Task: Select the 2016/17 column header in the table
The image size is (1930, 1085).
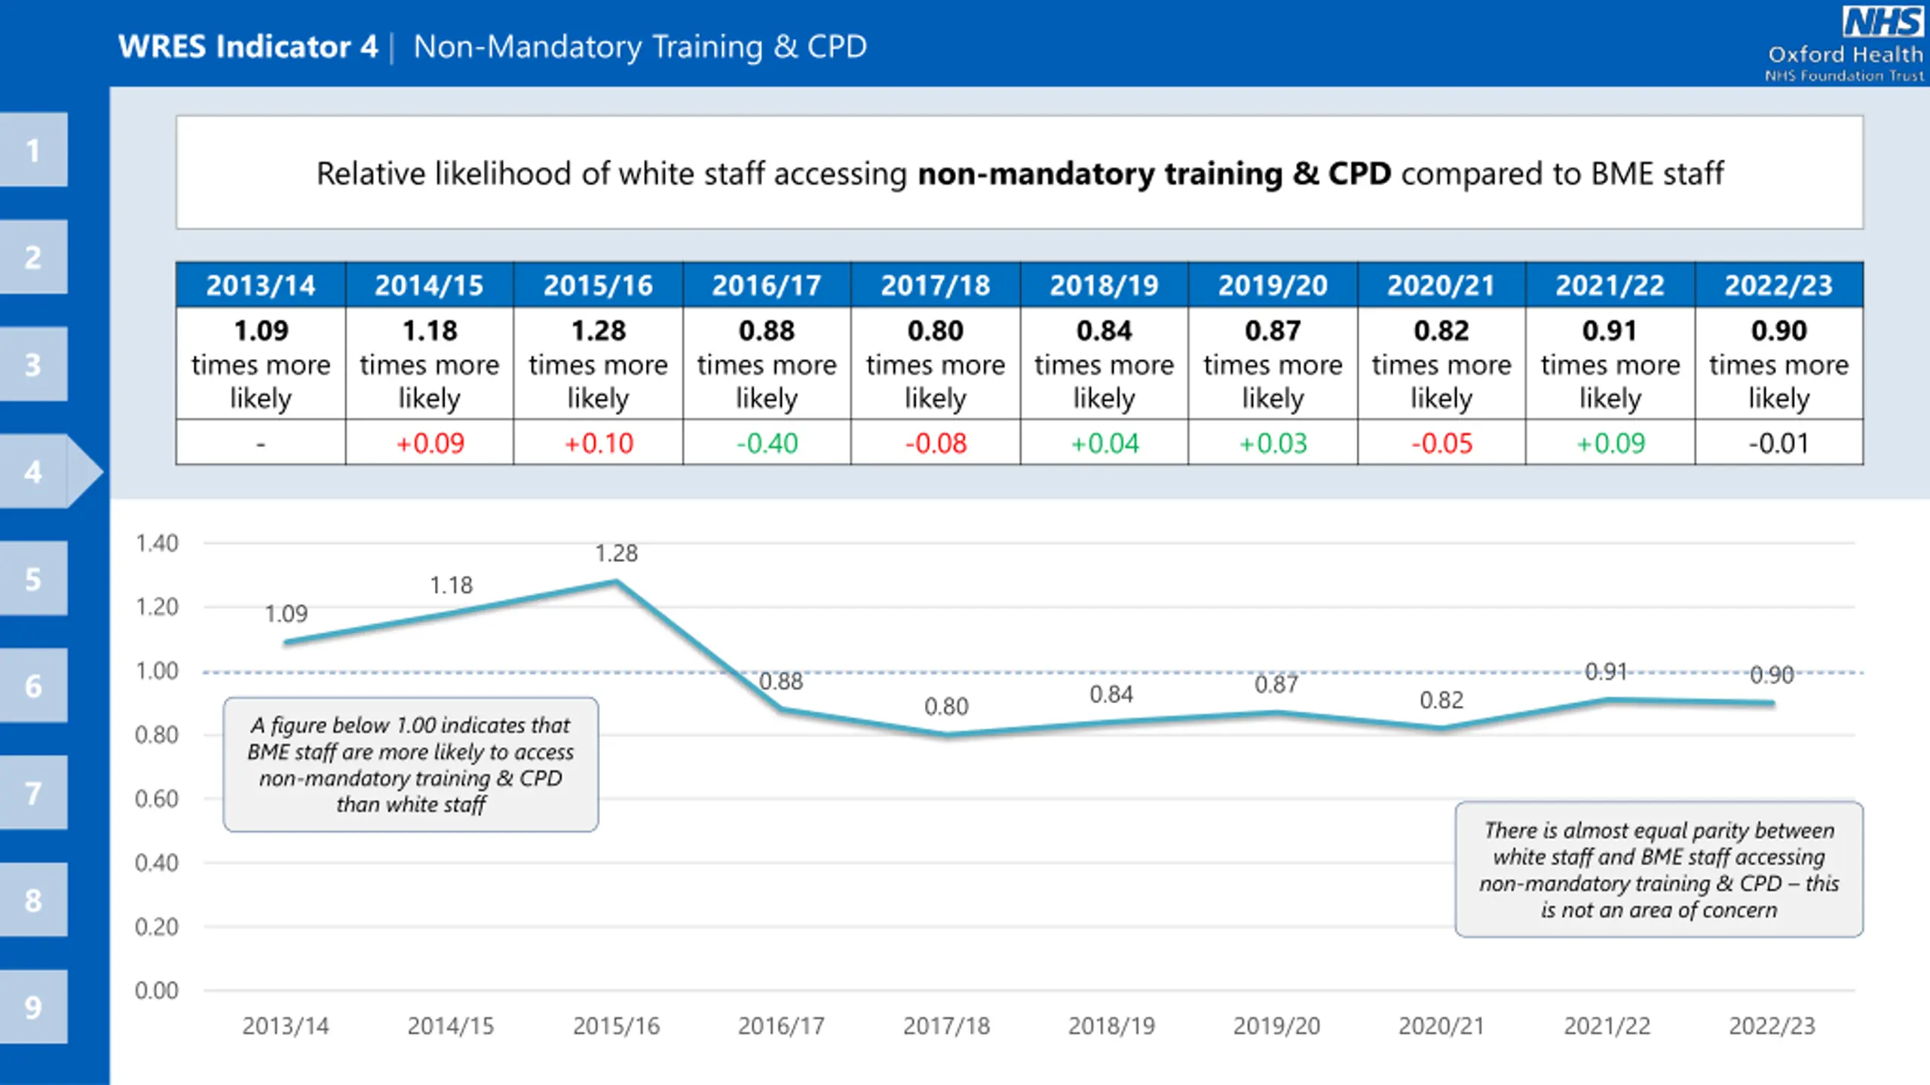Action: [x=766, y=286]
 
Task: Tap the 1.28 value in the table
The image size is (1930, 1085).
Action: [x=598, y=331]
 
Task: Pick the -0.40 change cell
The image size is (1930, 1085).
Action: [x=766, y=443]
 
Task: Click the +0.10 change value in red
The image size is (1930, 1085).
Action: [x=598, y=443]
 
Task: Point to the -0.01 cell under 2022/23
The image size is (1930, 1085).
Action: [x=1778, y=443]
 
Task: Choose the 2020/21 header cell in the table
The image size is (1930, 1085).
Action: [x=1441, y=286]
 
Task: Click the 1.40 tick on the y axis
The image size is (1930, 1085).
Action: [x=157, y=543]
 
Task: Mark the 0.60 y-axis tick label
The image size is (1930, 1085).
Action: [x=157, y=799]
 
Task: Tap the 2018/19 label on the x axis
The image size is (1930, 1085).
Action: [x=1111, y=1026]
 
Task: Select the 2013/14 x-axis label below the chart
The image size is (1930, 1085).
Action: [x=285, y=1026]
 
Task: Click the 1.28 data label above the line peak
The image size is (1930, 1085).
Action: [x=616, y=554]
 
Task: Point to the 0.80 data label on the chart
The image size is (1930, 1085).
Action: [x=946, y=707]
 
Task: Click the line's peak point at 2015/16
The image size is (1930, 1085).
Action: [x=616, y=581]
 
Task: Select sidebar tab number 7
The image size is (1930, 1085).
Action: [x=33, y=793]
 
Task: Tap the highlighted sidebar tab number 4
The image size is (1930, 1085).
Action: [x=33, y=472]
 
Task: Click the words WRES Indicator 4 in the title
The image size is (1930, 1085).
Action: [x=248, y=47]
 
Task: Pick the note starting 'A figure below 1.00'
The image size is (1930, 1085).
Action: [x=411, y=765]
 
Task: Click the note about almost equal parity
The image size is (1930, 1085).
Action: [x=1659, y=870]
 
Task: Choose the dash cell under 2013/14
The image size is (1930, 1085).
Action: [x=260, y=443]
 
